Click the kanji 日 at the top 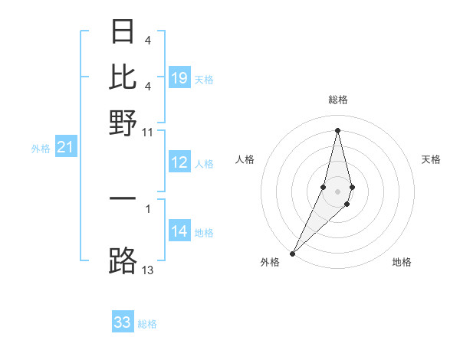[123, 33]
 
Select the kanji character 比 [123, 77]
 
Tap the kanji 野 [123, 122]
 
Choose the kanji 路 [123, 260]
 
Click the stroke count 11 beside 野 [148, 131]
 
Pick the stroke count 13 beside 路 [148, 270]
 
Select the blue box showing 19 [179, 78]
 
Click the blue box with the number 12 [179, 162]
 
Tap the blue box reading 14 [179, 232]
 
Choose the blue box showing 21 [65, 148]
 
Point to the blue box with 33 [123, 322]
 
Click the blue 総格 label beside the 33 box [147, 324]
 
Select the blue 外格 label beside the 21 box [40, 149]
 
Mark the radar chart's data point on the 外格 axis [293, 253]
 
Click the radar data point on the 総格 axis [337, 129]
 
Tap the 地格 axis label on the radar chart [402, 262]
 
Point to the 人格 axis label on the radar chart [245, 159]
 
